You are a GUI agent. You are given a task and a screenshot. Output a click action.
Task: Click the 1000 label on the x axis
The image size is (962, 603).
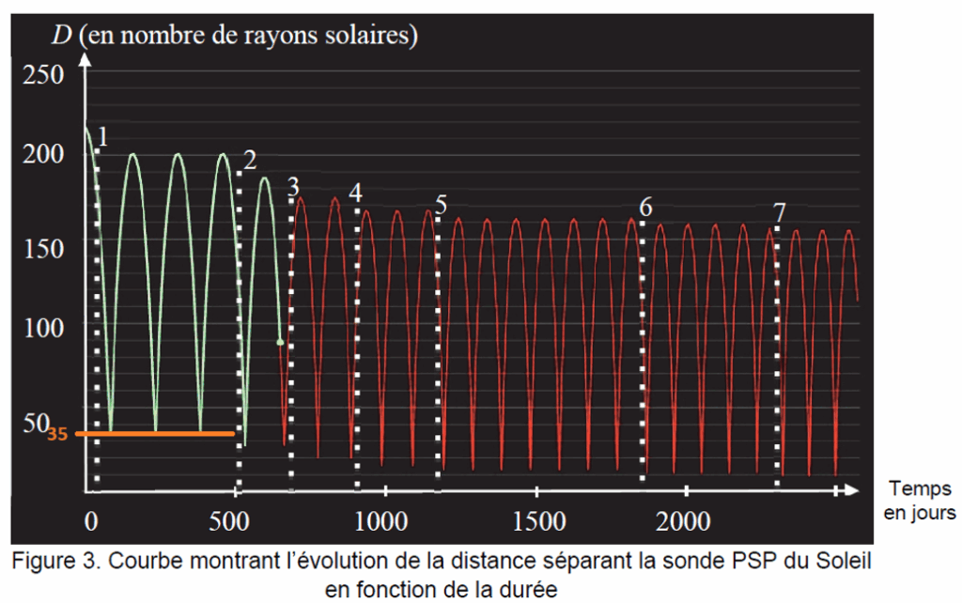tap(380, 522)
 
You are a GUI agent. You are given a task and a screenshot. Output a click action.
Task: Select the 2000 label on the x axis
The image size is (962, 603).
tap(684, 522)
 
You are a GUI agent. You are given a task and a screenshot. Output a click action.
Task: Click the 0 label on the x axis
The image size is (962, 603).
tap(91, 522)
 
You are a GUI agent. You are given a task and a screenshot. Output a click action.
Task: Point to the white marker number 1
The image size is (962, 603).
tap(102, 138)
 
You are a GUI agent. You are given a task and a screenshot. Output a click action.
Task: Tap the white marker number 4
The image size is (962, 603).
tap(354, 193)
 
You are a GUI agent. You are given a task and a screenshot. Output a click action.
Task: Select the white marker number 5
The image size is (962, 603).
tap(442, 204)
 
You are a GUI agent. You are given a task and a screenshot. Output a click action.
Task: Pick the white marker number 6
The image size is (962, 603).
tap(645, 208)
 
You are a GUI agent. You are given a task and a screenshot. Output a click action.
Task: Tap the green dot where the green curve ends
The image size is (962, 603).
tap(280, 342)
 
